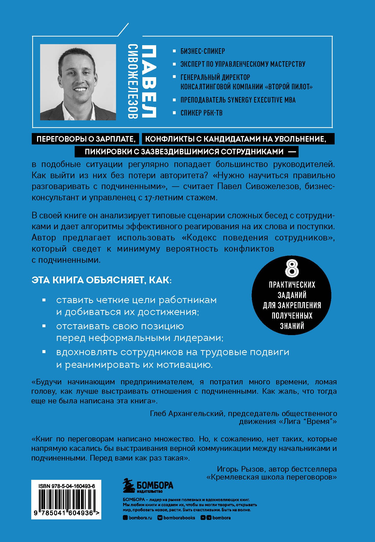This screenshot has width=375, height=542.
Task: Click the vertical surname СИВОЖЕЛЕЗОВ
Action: [133, 81]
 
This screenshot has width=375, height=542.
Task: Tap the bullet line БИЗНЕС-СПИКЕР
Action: [203, 51]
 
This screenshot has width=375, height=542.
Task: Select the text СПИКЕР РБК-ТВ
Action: [201, 113]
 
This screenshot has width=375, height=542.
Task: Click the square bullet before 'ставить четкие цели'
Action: [44, 300]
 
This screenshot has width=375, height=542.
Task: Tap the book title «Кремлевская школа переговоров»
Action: [272, 477]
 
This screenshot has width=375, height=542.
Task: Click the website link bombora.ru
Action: [140, 518]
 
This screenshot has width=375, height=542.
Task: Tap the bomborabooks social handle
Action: [179, 518]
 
